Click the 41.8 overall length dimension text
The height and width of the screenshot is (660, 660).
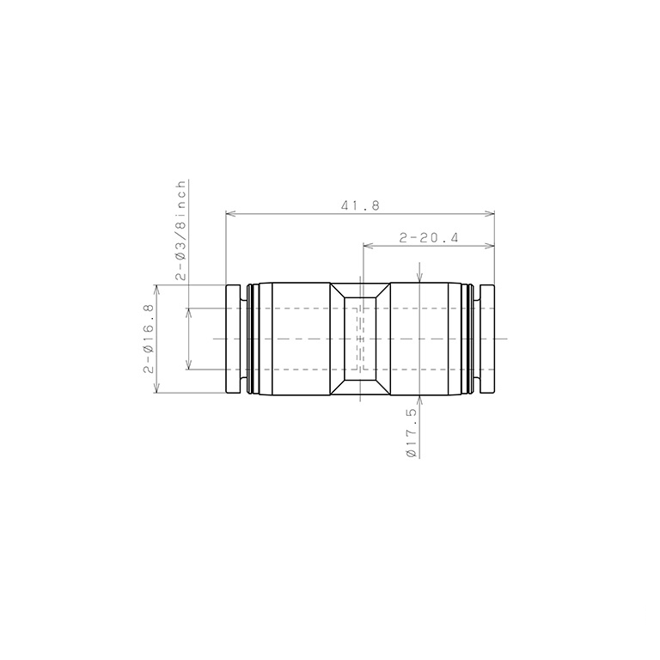point(360,205)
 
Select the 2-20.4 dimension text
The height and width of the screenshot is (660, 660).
point(428,238)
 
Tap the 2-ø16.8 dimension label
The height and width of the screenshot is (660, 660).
point(149,339)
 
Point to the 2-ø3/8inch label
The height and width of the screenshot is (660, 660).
point(180,230)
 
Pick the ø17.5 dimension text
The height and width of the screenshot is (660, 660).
point(412,433)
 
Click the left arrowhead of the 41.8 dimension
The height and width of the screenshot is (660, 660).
point(230,214)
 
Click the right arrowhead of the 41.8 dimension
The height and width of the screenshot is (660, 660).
point(490,214)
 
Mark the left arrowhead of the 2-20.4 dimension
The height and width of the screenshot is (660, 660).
point(368,246)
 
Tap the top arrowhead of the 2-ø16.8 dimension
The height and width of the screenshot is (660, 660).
point(157,290)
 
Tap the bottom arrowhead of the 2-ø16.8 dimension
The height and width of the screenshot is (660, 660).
point(157,388)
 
